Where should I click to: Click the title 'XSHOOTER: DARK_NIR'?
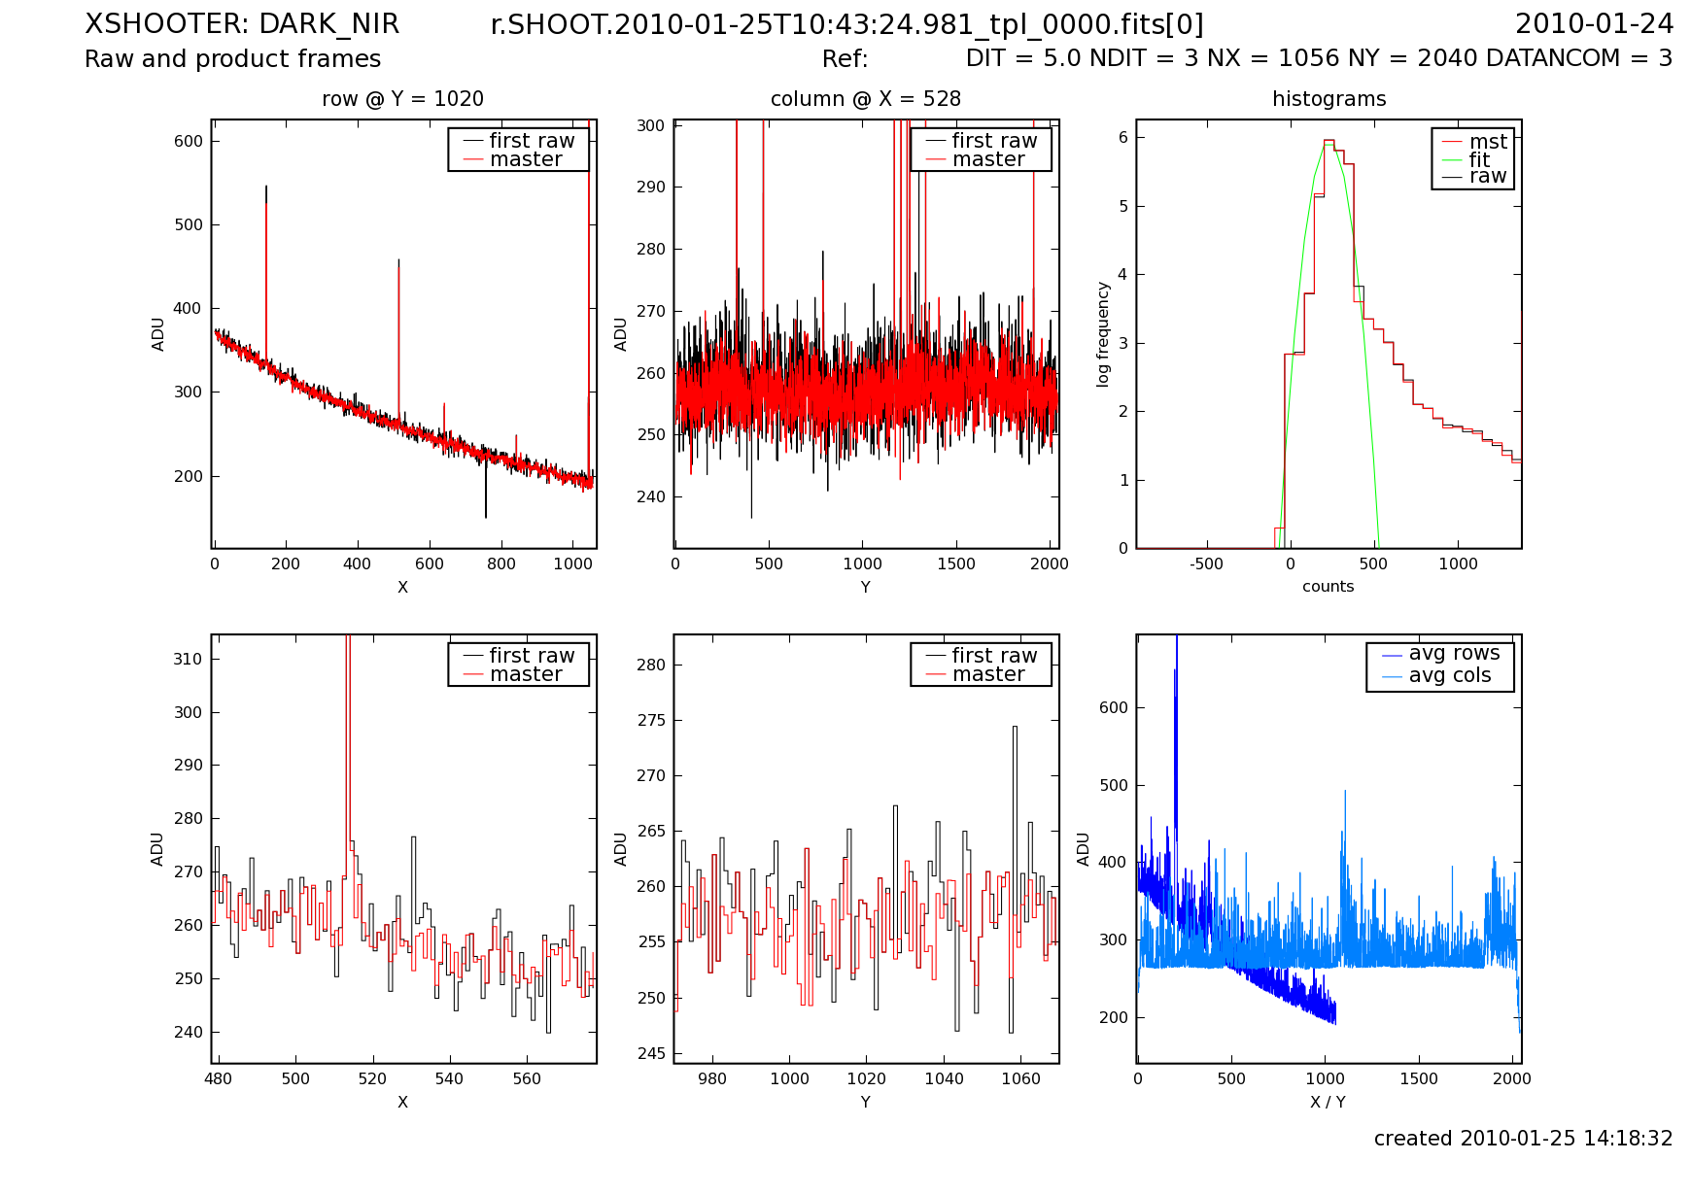pyautogui.click(x=242, y=24)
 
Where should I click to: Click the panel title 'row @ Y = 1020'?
pyautogui.click(x=402, y=99)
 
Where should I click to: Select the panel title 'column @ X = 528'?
pyautogui.click(x=865, y=99)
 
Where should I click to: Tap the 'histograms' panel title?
pyautogui.click(x=1329, y=99)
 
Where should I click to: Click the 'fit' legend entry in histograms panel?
pyautogui.click(x=1478, y=159)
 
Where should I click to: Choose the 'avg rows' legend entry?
pyautogui.click(x=1454, y=654)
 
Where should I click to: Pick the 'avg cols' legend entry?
pyautogui.click(x=1449, y=675)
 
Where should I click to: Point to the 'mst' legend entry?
pyautogui.click(x=1487, y=142)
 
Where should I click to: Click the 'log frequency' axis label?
pyautogui.click(x=1103, y=334)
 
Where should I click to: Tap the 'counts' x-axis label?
pyautogui.click(x=1328, y=587)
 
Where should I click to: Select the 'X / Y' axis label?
pyautogui.click(x=1328, y=1102)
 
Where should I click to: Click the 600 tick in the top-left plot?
pyautogui.click(x=189, y=141)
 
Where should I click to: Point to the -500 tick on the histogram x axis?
pyautogui.click(x=1206, y=564)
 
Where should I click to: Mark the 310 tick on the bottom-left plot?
pyautogui.click(x=189, y=659)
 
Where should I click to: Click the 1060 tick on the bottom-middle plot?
pyautogui.click(x=1021, y=1078)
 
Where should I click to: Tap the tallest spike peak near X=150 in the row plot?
pyautogui.click(x=266, y=187)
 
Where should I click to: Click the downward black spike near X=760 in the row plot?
pyautogui.click(x=486, y=516)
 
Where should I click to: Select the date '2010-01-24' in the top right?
pyautogui.click(x=1594, y=24)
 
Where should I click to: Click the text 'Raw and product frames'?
pyautogui.click(x=232, y=59)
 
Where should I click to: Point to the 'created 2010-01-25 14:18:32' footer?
pyautogui.click(x=1523, y=1139)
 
